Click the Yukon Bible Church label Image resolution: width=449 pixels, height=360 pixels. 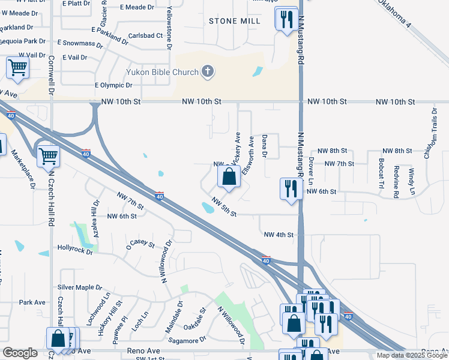(x=162, y=73)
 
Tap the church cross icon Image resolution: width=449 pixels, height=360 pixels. (x=208, y=72)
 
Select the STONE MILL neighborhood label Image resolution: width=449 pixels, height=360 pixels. (x=234, y=21)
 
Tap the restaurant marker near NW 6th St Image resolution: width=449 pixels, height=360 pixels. (x=290, y=188)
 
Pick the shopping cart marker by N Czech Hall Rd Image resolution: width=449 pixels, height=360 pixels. (x=48, y=157)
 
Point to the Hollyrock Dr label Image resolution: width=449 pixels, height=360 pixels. (x=75, y=247)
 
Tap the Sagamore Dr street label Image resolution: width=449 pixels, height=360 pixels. (x=187, y=340)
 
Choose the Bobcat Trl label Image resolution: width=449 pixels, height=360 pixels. (x=381, y=173)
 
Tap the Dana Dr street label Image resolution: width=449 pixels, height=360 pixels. (x=264, y=146)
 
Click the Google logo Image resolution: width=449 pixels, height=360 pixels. (x=20, y=353)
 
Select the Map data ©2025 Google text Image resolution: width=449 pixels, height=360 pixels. (x=411, y=355)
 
